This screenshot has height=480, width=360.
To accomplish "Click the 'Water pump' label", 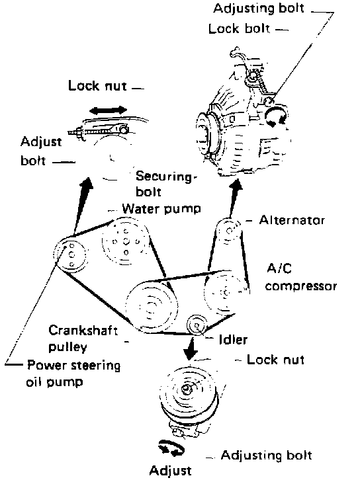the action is coord(161,209).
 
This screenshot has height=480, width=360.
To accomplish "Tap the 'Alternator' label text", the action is coord(292,220).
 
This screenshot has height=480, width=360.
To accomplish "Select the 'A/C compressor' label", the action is coord(301,277).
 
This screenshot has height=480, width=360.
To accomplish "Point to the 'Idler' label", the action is coord(233,339).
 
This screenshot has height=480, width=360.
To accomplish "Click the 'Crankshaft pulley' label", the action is coord(83,339).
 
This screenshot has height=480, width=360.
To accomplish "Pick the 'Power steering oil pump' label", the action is coord(73,374).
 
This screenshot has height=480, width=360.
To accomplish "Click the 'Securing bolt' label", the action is coord(165,184).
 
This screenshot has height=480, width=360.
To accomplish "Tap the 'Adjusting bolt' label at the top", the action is coord(259,9).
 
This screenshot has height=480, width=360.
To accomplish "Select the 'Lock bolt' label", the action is coord(239,29).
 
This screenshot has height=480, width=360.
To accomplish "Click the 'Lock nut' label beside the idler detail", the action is coord(275,360).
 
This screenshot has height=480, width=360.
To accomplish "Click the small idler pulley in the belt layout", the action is coord(197,325).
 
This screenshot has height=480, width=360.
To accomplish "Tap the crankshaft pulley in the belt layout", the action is coord(152,307).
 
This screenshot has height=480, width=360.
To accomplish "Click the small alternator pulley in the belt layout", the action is coord(228,231).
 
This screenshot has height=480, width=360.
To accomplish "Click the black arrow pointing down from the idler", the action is coord(191,348).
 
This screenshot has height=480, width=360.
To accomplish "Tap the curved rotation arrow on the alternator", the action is coord(277,117).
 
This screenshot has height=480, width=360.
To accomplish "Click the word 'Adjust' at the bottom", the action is coord(170,470).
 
